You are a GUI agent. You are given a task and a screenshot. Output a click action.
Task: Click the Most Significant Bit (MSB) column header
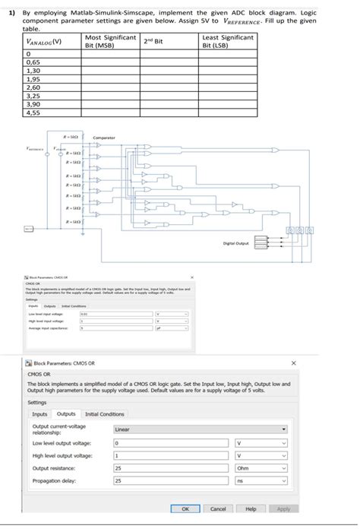click(110, 42)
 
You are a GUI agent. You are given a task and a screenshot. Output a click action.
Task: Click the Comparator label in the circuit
click(104, 137)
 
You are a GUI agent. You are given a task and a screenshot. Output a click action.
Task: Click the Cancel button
click(217, 508)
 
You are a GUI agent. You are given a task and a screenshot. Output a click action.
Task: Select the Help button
click(250, 508)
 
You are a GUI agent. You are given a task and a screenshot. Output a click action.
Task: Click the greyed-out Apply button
click(283, 508)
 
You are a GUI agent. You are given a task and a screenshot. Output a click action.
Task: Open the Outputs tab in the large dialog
click(65, 414)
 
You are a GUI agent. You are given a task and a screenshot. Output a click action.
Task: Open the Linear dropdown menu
click(200, 429)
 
